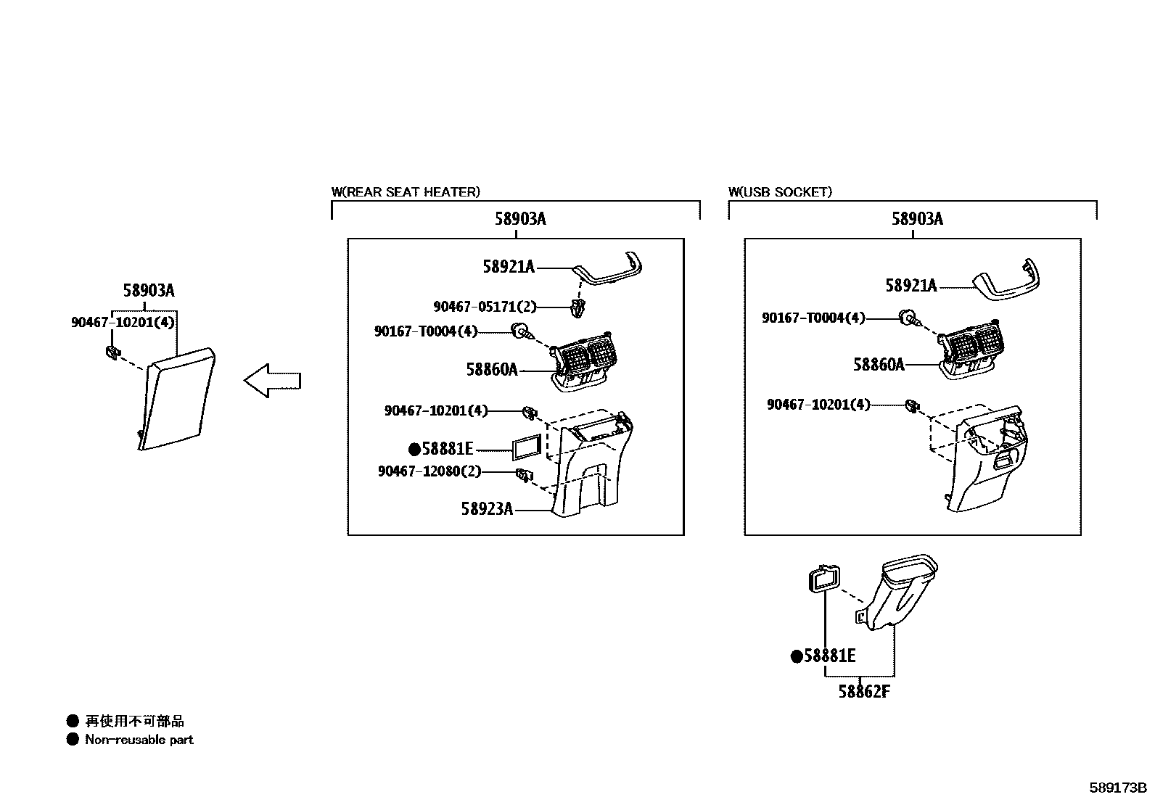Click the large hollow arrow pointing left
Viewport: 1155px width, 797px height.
(272, 381)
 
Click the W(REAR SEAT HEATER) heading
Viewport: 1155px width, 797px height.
(406, 192)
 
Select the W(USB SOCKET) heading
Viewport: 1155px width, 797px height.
(780, 192)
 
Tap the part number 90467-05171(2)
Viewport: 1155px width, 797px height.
(485, 307)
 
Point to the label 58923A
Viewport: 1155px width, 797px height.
(487, 509)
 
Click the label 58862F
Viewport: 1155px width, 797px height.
(863, 692)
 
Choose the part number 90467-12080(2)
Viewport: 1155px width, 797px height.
(429, 471)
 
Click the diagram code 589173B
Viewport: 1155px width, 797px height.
(1117, 788)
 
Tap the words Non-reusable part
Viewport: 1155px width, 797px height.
(139, 740)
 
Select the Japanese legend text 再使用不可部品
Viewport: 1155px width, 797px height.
(134, 721)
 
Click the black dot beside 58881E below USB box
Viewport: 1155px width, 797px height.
(797, 657)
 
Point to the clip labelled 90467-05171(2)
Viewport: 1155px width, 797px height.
(578, 307)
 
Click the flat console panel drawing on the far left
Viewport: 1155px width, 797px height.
(176, 399)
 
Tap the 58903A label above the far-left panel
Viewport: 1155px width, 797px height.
(149, 291)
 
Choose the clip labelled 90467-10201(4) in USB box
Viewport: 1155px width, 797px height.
(912, 405)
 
